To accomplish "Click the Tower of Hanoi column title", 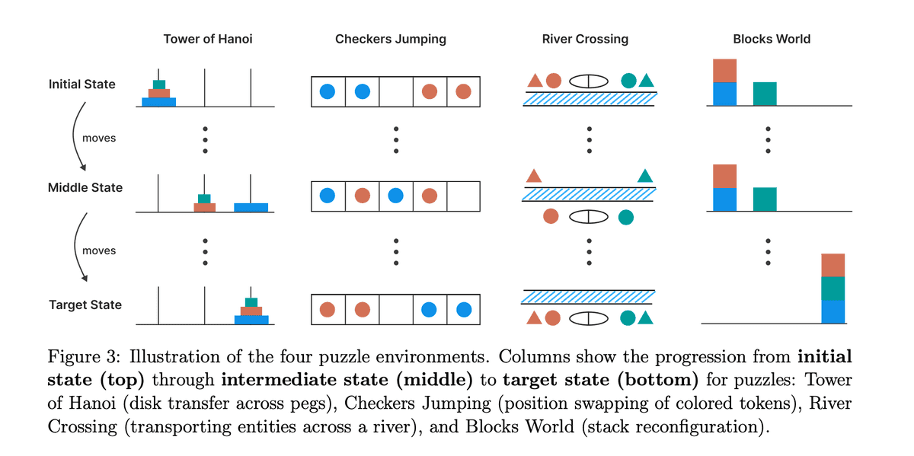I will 207,39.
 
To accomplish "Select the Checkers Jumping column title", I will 391,39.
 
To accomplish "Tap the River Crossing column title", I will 585,39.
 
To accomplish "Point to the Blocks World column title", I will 771,39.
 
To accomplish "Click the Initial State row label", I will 82,84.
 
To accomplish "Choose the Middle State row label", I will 85,187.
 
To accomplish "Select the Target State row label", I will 85,305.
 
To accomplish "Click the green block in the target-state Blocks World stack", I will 833,289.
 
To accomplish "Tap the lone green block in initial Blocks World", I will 765,94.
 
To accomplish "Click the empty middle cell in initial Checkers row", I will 395,91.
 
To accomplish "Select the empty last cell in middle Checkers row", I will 462,196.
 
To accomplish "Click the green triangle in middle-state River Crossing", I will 645,176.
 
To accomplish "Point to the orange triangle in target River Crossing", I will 534,317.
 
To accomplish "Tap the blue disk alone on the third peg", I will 251,207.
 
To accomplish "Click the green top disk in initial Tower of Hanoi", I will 158,84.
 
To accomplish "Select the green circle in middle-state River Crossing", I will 626,217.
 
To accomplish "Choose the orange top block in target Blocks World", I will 833,265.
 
